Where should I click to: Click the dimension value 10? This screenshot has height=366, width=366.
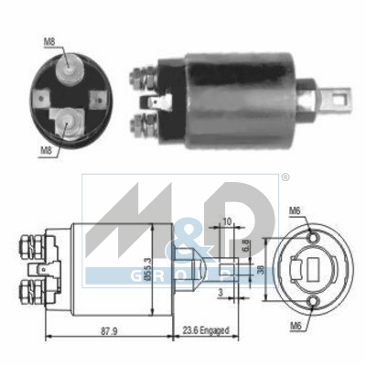point(227,221)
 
